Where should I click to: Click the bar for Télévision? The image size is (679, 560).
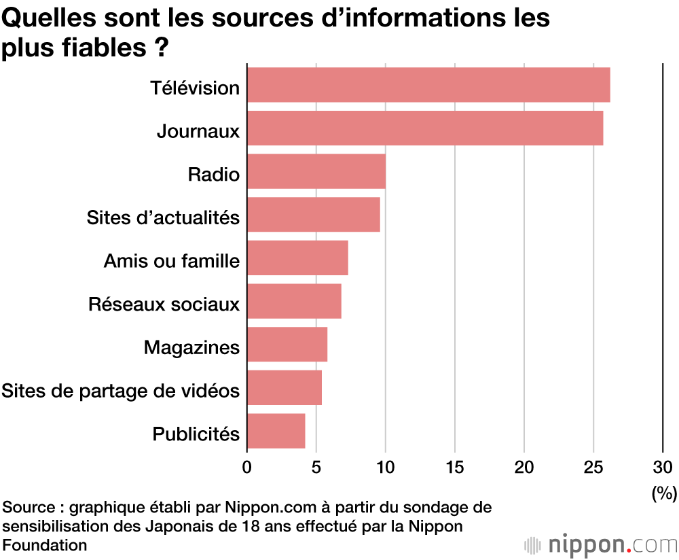pyautogui.click(x=428, y=85)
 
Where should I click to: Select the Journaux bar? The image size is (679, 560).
pyautogui.click(x=425, y=128)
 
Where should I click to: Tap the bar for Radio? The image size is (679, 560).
pyautogui.click(x=316, y=171)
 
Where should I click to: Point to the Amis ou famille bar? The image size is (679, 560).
pyautogui.click(x=297, y=258)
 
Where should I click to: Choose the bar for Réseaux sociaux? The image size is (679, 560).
pyautogui.click(x=294, y=301)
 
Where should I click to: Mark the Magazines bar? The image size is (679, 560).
pyautogui.click(x=287, y=344)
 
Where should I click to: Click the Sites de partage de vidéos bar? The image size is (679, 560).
pyautogui.click(x=285, y=387)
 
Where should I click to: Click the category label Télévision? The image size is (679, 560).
pyautogui.click(x=195, y=88)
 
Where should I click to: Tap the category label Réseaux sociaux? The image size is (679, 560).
pyautogui.click(x=164, y=304)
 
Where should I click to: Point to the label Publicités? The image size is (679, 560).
pyautogui.click(x=196, y=434)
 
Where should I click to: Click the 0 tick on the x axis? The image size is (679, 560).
pyautogui.click(x=247, y=467)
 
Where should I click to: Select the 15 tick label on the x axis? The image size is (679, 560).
pyautogui.click(x=455, y=467)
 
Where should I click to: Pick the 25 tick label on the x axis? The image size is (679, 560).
pyautogui.click(x=593, y=467)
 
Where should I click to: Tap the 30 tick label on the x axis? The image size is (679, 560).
pyautogui.click(x=663, y=467)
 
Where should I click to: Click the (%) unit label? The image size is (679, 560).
pyautogui.click(x=664, y=494)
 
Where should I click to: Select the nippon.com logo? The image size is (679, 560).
pyautogui.click(x=601, y=544)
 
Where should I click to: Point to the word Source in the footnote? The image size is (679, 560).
pyautogui.click(x=29, y=508)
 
